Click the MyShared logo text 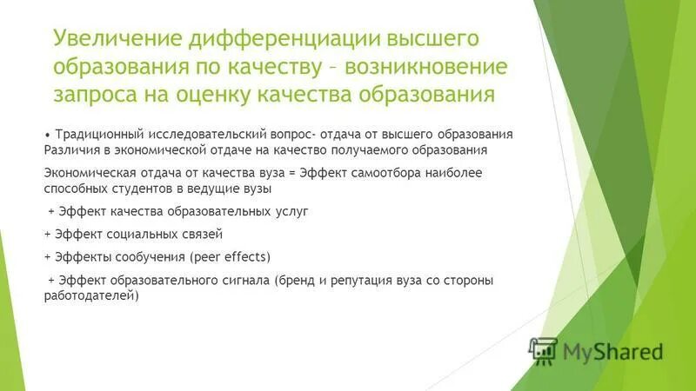point(612,351)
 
